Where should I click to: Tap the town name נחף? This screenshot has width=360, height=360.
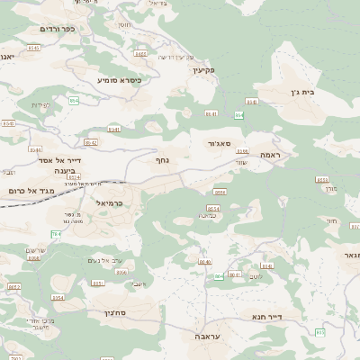tap(175, 160)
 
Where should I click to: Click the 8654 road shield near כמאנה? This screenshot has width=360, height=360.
tap(213, 209)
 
